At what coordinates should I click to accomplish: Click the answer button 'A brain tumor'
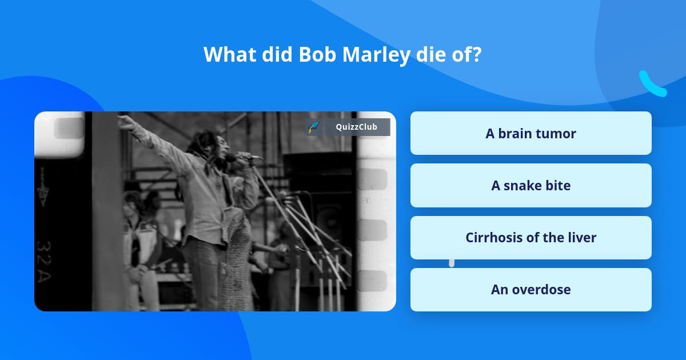531,133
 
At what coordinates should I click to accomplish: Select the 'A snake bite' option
531,185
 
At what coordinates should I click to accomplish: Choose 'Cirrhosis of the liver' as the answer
531,238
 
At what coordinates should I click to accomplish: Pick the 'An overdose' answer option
531,290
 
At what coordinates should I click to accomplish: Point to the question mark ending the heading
476,55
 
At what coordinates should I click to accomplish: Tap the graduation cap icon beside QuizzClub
313,127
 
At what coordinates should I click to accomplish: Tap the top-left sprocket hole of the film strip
68,128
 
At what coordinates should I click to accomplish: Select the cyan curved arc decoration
652,85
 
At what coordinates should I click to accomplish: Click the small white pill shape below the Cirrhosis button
452,263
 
